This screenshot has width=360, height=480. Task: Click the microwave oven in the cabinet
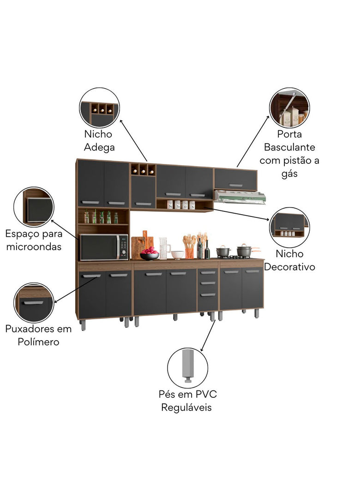(104, 247)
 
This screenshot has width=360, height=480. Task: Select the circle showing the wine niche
(99, 108)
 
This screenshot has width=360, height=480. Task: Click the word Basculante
(289, 147)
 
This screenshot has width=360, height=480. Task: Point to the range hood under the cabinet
(240, 197)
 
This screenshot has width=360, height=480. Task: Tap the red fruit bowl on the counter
(149, 253)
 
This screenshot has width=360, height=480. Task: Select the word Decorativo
(289, 267)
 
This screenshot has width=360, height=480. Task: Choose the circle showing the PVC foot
(187, 368)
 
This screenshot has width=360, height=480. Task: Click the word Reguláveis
(186, 408)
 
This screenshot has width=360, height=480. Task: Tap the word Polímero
(38, 342)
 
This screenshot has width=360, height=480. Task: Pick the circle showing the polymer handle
(34, 303)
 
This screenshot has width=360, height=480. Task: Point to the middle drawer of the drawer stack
(208, 283)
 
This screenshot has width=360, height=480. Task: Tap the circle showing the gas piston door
(289, 108)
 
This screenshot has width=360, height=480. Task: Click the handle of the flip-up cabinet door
(235, 186)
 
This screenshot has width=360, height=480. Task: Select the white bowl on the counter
(177, 255)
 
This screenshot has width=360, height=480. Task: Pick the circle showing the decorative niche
(289, 227)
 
